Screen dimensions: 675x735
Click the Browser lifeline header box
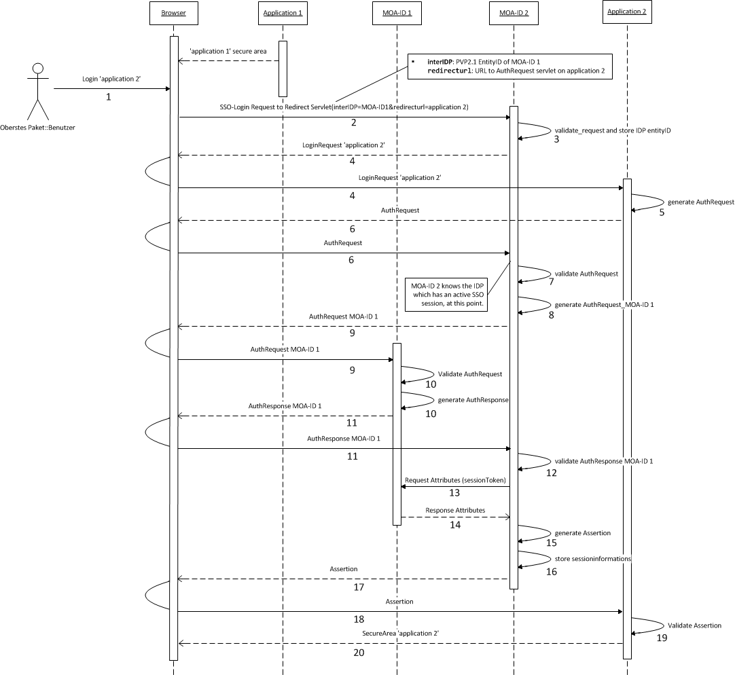[173, 12]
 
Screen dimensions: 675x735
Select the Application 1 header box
[283, 12]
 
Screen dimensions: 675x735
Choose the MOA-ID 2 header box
[514, 12]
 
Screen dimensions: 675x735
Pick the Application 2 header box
[627, 12]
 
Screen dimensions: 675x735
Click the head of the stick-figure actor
[39, 68]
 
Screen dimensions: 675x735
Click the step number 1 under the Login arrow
[108, 97]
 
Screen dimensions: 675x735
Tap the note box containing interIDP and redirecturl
[509, 67]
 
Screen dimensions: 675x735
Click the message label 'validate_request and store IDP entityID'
[613, 130]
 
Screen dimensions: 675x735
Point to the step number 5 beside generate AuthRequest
[662, 212]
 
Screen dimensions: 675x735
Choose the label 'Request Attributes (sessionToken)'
[455, 480]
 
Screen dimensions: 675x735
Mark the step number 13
[454, 492]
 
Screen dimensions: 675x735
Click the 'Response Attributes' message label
[455, 509]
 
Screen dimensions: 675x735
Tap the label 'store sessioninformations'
[593, 558]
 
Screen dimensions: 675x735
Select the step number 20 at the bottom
[359, 653]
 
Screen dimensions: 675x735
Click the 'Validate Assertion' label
[694, 625]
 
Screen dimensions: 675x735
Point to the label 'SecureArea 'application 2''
[400, 633]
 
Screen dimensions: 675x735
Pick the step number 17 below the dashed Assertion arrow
[359, 587]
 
